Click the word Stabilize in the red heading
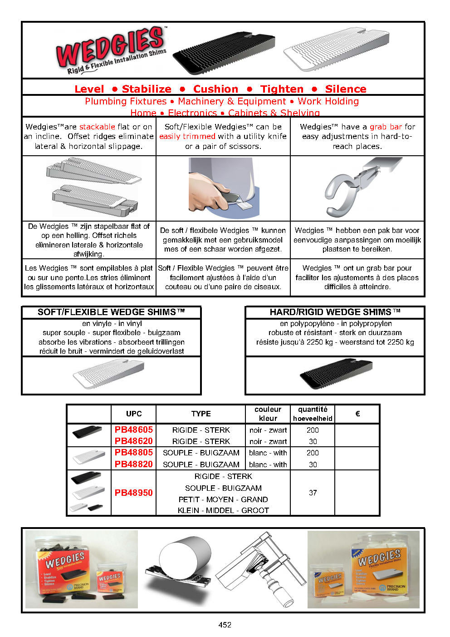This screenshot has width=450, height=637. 147,89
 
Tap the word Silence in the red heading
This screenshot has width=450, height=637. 345,89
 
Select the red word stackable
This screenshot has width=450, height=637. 97,127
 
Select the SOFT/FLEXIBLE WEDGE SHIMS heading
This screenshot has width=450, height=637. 111,312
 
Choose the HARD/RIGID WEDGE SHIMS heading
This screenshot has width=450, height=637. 335,312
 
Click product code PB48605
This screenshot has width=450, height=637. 134,430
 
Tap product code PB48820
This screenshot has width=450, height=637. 134,464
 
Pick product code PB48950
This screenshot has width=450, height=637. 134,493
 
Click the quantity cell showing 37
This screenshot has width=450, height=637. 313,493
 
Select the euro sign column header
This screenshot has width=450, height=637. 357,414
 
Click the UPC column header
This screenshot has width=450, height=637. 134,414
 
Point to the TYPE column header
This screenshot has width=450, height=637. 201,414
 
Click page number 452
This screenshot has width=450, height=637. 225,625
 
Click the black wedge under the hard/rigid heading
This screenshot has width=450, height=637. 336,374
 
